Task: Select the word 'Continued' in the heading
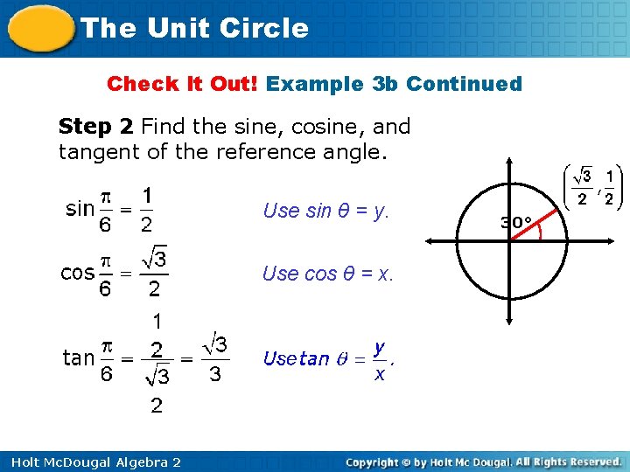pyautogui.click(x=464, y=85)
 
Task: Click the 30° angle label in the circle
pyautogui.click(x=517, y=222)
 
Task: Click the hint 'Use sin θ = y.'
pyautogui.click(x=325, y=211)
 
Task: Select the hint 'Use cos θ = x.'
pyautogui.click(x=328, y=274)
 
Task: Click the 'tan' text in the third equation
pyautogui.click(x=79, y=357)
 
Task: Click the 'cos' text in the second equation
pyautogui.click(x=77, y=273)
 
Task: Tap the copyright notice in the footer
pyautogui.click(x=483, y=461)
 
